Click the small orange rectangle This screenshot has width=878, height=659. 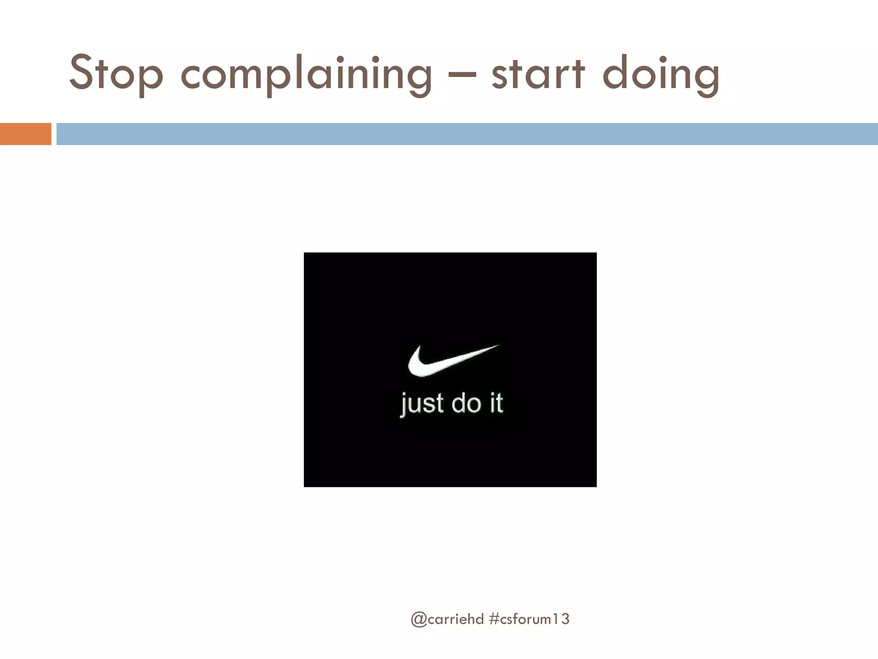[25, 134]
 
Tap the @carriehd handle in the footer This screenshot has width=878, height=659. [447, 619]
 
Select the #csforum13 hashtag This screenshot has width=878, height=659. [529, 619]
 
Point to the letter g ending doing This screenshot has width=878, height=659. [705, 79]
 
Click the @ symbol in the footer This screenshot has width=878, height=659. [418, 620]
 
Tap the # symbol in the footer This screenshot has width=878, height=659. [493, 619]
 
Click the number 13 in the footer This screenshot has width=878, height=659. [562, 619]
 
